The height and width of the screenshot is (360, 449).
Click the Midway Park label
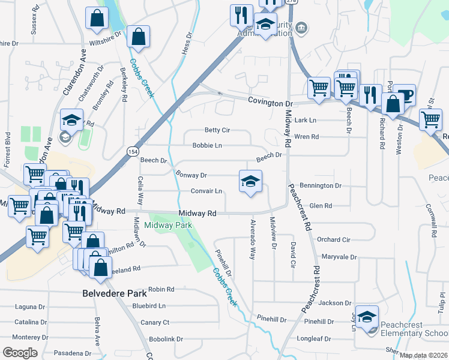(x=168, y=225)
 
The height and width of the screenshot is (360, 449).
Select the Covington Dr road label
(x=270, y=103)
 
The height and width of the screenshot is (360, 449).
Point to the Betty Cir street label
(x=217, y=130)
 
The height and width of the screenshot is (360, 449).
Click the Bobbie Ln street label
(x=207, y=145)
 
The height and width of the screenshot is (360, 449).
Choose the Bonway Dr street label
(x=191, y=175)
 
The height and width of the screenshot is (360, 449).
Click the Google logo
(x=20, y=352)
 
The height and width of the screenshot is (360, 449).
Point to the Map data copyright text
(x=424, y=355)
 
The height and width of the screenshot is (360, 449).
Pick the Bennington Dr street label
(x=321, y=186)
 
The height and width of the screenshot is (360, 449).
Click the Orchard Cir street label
(x=333, y=239)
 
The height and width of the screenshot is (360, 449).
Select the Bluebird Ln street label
(x=149, y=305)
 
